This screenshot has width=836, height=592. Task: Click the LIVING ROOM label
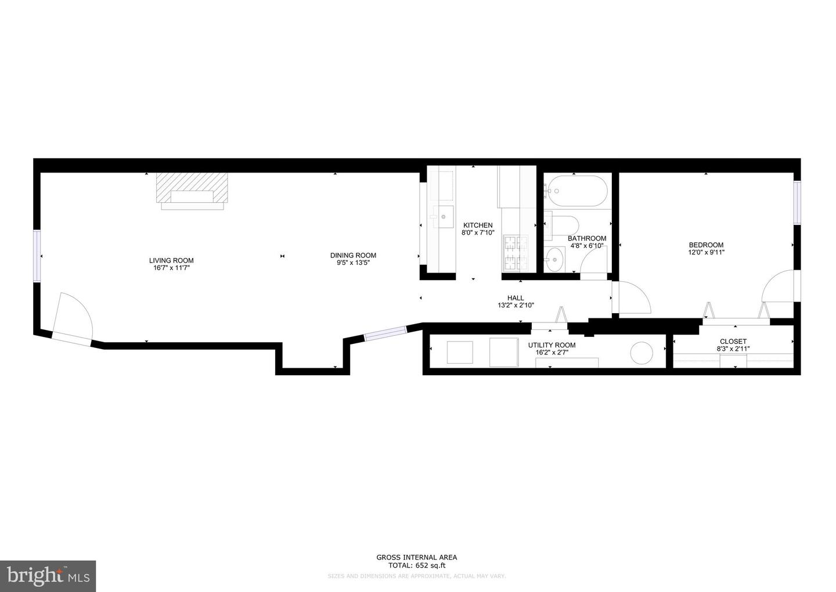point(171,260)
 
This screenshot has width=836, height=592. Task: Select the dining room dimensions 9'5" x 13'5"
point(353,263)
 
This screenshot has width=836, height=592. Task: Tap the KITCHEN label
point(477,225)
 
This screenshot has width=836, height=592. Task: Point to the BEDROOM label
point(706,245)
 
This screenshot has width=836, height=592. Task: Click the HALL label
point(516,298)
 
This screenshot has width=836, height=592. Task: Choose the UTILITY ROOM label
point(552,345)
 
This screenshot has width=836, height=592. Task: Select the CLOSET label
point(733,342)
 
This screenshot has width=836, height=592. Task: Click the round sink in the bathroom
point(556,256)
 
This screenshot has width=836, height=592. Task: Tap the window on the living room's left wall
point(37,256)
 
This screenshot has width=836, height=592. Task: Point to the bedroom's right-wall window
point(797,202)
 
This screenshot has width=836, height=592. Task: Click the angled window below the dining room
point(384,333)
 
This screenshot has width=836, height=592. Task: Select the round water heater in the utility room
point(642,353)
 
